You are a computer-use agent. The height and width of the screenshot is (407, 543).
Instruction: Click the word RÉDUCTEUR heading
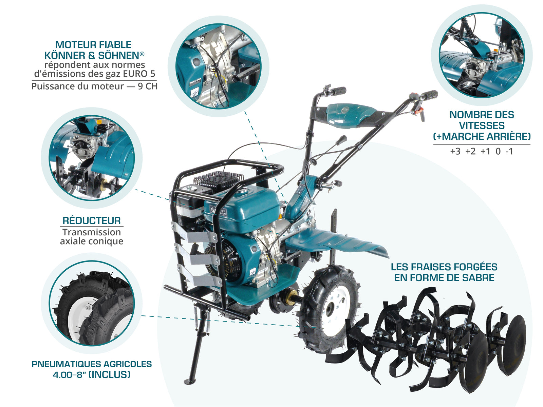coord(92,220)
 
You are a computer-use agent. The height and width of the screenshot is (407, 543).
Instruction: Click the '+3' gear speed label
coord(455,151)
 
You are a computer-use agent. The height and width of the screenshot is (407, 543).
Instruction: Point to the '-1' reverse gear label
coord(509,151)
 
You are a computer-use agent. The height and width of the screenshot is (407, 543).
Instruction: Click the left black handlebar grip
coord(338,91)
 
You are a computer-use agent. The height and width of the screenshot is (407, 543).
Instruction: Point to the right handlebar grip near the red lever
coord(429,95)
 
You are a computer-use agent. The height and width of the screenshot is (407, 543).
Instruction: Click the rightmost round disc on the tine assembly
coord(515,344)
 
